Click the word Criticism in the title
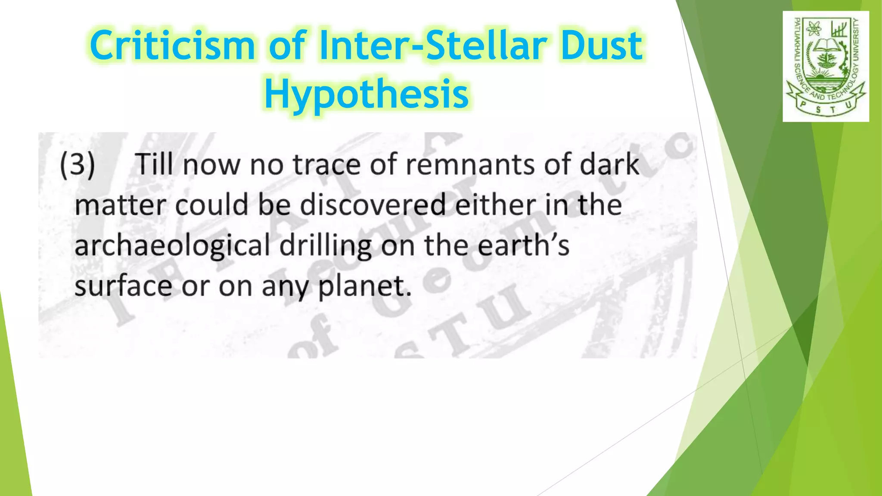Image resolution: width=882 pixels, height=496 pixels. (172, 46)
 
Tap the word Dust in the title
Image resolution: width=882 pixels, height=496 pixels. (601, 46)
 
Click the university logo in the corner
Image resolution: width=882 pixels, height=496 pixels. (826, 66)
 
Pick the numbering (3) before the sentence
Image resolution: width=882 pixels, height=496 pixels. (78, 164)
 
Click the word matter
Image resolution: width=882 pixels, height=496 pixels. (120, 205)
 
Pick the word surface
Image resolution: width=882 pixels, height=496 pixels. (123, 285)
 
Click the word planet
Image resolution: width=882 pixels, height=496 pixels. (364, 286)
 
